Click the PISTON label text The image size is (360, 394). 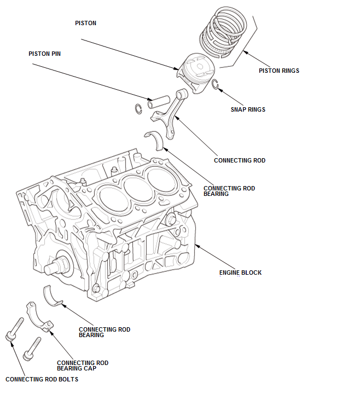85,24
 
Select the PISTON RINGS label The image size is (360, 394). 278,71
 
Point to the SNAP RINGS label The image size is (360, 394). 248,109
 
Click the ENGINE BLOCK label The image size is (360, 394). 240,273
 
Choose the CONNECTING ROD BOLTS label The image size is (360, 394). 42,379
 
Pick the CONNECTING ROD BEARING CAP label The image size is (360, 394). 83,366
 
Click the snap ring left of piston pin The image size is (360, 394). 138,108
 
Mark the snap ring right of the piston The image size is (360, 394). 216,84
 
